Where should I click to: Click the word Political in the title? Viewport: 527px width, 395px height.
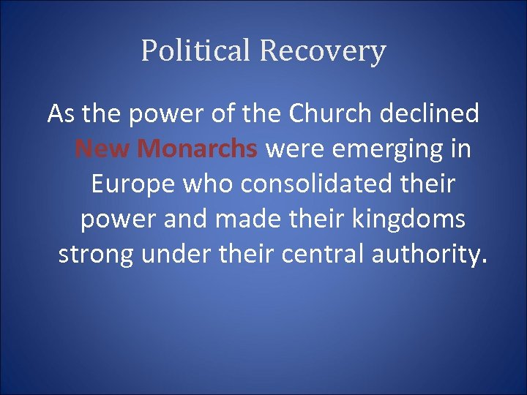[196, 51]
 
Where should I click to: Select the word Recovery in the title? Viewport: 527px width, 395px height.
[322, 51]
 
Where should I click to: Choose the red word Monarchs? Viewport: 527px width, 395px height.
[198, 149]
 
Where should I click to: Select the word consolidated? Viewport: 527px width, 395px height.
[324, 184]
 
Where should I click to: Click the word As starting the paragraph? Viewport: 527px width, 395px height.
[61, 114]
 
